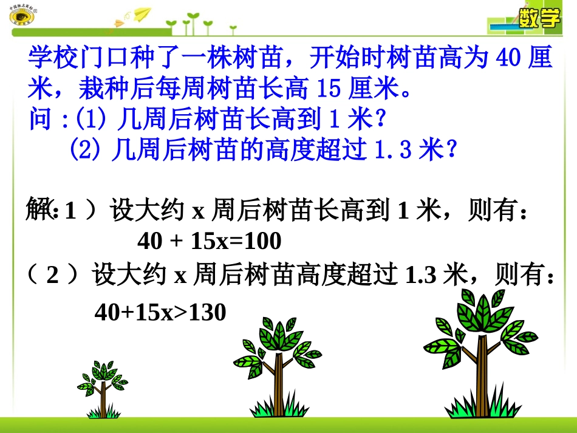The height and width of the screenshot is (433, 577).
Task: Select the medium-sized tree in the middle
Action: coord(277,364)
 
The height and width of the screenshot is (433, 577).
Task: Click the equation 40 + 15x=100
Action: coord(210,242)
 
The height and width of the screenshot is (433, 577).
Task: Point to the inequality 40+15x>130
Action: coord(160,312)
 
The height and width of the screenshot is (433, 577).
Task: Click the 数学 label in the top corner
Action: coord(539,19)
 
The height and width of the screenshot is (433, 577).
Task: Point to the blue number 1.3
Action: coord(392,149)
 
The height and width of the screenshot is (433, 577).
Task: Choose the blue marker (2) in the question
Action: coord(85,149)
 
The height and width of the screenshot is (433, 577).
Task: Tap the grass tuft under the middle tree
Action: coord(277,407)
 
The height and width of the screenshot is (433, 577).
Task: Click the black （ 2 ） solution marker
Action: coord(53,276)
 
